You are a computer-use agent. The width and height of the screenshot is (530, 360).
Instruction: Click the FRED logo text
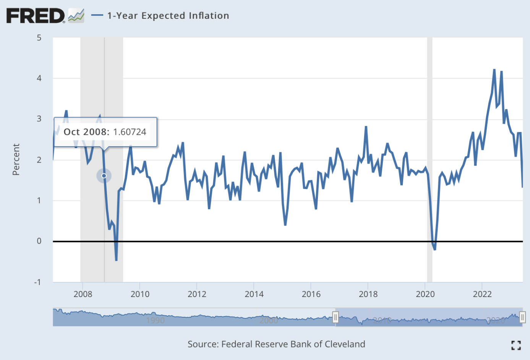click(x=36, y=16)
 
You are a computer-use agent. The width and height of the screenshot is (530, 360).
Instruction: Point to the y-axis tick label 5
click(x=39, y=38)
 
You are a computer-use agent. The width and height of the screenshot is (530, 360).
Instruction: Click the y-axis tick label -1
click(x=37, y=282)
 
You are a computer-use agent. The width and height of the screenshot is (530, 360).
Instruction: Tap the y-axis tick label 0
click(x=39, y=241)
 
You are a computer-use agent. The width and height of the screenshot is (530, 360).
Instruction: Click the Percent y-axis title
click(x=16, y=160)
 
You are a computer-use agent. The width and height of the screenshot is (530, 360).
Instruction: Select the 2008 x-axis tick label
click(x=83, y=294)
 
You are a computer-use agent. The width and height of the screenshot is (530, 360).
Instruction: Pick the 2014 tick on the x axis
click(x=254, y=294)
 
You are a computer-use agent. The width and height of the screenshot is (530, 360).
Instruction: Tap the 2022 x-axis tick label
click(x=482, y=294)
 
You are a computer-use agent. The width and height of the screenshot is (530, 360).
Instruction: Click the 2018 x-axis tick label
click(x=368, y=294)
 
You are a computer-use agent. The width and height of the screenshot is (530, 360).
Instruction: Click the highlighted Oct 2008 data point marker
click(x=104, y=176)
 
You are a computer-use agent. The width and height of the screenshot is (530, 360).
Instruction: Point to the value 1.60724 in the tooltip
click(x=130, y=132)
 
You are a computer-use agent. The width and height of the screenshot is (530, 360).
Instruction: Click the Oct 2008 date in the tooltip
click(x=86, y=132)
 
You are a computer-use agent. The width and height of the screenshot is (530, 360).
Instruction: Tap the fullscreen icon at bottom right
click(x=516, y=345)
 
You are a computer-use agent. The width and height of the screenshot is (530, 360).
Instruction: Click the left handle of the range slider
click(x=336, y=317)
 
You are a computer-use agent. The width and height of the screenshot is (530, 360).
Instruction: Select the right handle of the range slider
click(x=522, y=317)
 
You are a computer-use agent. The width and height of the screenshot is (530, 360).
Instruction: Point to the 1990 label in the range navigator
click(x=155, y=320)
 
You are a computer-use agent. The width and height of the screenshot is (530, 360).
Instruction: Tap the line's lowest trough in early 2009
click(x=116, y=260)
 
